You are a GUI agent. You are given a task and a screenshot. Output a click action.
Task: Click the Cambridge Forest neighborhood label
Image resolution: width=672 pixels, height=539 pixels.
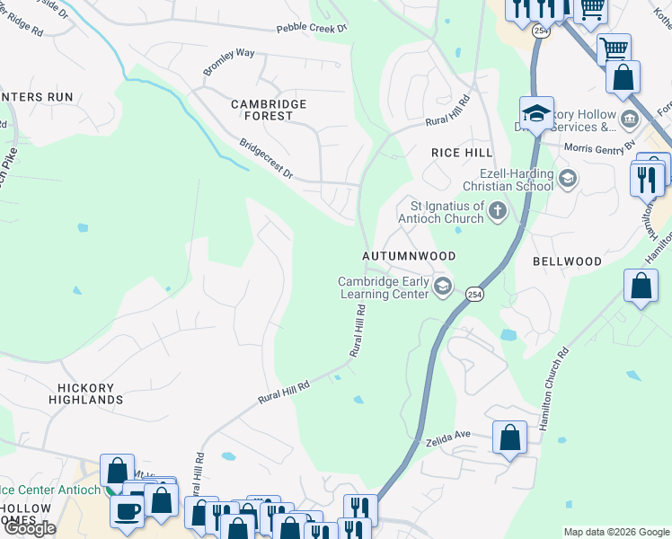(269, 110)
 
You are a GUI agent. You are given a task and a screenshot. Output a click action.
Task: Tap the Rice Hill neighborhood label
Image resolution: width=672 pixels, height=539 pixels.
(462, 153)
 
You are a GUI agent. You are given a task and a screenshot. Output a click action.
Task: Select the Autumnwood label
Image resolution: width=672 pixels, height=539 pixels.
(409, 256)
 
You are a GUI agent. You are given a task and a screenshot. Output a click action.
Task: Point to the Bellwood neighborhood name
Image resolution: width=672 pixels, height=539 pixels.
(567, 261)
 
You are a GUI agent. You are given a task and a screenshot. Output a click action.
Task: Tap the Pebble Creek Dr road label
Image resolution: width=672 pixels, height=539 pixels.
(312, 29)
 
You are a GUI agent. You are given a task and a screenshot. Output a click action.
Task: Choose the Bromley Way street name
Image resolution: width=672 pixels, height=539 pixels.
(228, 61)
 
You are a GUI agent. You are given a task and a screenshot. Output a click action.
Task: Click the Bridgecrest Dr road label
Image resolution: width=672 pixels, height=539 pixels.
(266, 158)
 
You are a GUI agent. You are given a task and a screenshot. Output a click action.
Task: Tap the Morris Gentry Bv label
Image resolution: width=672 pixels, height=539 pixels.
(599, 146)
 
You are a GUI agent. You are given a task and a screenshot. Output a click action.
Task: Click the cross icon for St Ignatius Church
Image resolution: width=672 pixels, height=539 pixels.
(498, 212)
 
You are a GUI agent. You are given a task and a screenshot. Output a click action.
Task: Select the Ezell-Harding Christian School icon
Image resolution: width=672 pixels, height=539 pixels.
(567, 178)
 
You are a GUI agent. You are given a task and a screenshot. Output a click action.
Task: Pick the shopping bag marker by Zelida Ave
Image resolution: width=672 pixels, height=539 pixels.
(510, 438)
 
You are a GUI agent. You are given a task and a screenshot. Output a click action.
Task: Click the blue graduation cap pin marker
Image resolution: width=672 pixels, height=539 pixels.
(535, 113)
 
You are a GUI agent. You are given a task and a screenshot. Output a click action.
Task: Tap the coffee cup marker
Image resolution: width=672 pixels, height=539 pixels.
(127, 509)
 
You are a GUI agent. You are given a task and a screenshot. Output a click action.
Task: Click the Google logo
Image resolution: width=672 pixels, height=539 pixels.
(29, 528)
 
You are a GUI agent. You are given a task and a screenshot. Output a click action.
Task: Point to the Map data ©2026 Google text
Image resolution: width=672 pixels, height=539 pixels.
(615, 532)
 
